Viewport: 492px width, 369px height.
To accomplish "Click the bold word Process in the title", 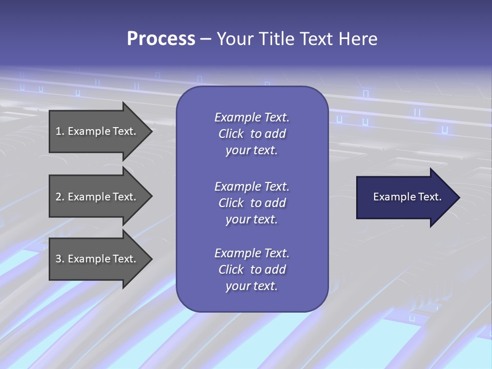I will (161, 39).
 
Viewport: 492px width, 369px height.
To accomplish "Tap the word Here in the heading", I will (357, 39).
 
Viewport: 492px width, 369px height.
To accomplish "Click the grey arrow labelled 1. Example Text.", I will (97, 131).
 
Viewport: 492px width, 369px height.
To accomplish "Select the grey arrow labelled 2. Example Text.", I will (97, 197).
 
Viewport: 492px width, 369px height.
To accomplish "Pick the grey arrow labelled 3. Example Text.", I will (97, 259).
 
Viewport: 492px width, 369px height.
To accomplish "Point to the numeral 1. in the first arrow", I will (59, 131).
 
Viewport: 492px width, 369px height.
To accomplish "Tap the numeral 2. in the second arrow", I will (59, 197).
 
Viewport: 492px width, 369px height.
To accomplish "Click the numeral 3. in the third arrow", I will (59, 259).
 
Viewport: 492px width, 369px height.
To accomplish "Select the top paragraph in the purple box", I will (252, 134).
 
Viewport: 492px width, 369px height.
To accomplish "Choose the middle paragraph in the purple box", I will (252, 203).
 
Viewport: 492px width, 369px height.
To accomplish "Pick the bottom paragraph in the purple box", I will (252, 270).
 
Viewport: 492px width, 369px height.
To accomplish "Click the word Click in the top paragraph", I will (231, 134).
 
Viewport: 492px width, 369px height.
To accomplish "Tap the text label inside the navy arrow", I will (407, 197).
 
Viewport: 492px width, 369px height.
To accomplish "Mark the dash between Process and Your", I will (206, 39).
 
